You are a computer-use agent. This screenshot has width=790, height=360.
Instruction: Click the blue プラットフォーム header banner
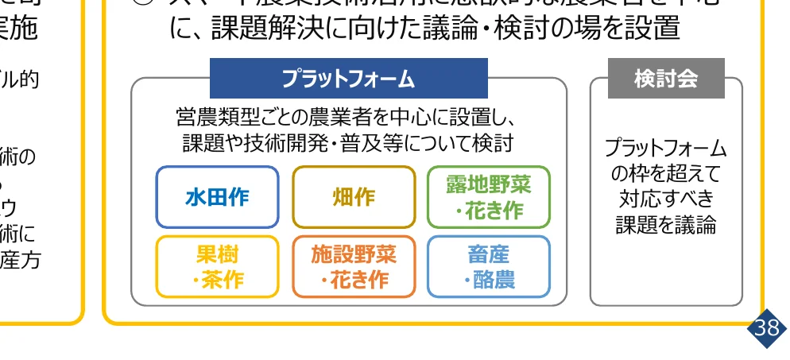348,79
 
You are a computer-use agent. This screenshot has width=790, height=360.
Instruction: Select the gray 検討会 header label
666,79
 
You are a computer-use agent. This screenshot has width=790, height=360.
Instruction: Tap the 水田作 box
217,197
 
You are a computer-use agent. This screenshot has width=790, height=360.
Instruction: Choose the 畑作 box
354,197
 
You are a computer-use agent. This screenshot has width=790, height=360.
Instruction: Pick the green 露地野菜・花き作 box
489,197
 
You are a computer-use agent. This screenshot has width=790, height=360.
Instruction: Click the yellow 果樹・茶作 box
217,267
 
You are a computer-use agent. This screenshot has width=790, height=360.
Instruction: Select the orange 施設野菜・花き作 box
354,267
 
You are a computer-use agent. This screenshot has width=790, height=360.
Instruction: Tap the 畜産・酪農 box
489,267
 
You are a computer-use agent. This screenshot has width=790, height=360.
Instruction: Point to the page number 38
766,328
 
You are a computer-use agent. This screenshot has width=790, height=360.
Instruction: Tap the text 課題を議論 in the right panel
666,224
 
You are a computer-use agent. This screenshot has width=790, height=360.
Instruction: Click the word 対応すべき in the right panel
666,199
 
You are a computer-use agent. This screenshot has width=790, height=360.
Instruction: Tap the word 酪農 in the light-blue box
495,280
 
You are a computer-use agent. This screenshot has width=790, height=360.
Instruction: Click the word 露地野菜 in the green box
489,185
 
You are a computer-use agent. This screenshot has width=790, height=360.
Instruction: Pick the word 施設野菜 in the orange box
354,255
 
